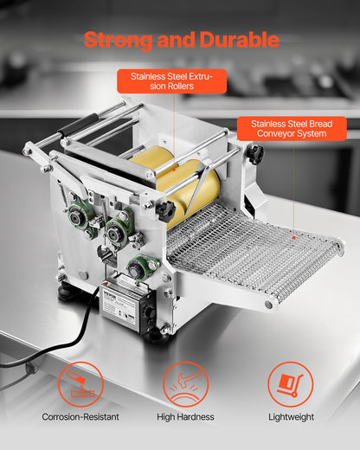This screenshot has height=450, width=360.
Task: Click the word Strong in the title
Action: (x=119, y=40)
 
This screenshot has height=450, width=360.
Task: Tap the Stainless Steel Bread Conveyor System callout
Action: (x=291, y=130)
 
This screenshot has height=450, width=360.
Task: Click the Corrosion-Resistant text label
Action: (x=80, y=417)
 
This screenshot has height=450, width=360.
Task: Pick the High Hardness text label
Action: (x=185, y=417)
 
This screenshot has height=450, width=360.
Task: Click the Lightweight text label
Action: (x=290, y=417)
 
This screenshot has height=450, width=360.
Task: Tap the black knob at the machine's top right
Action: (x=254, y=154)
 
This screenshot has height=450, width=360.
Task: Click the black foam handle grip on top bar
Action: (x=79, y=127)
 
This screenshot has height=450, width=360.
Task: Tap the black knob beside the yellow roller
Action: (x=166, y=210)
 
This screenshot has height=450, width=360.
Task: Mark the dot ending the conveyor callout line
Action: (x=296, y=235)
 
